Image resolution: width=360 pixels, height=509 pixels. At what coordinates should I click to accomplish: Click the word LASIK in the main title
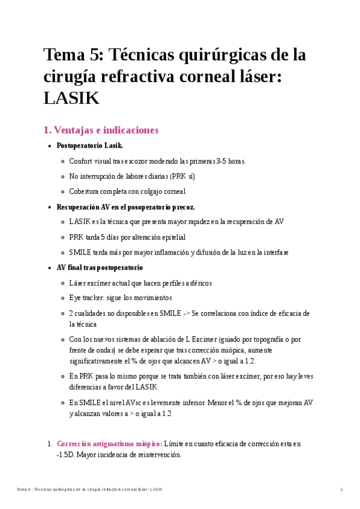tap(71, 98)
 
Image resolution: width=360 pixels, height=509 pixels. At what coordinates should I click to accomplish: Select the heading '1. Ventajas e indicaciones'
tap(101, 130)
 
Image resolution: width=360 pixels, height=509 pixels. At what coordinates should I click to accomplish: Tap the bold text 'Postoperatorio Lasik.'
tap(89, 146)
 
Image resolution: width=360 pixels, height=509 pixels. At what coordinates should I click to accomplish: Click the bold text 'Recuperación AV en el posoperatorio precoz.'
tap(125, 206)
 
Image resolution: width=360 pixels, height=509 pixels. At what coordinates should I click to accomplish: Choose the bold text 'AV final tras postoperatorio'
tap(100, 267)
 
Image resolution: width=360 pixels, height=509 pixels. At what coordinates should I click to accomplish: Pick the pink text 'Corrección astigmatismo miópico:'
tap(109, 444)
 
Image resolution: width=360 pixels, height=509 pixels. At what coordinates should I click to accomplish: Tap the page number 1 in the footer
tap(341, 490)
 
